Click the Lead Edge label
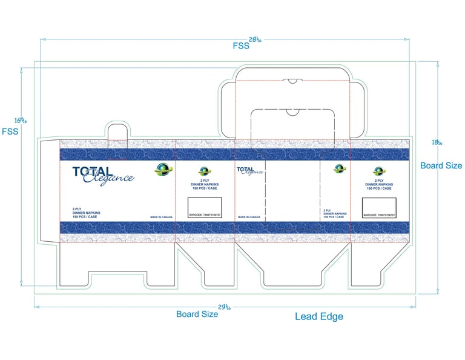(x=318, y=316)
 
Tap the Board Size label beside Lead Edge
(x=197, y=314)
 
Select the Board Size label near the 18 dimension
(x=441, y=165)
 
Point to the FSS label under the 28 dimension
(x=240, y=47)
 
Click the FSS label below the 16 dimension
(x=10, y=131)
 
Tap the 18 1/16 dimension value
(x=437, y=142)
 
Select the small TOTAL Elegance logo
(x=249, y=170)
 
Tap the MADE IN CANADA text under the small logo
(x=249, y=217)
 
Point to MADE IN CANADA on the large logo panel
(x=160, y=217)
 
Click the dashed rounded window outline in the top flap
(x=292, y=123)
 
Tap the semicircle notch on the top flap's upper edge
(x=292, y=80)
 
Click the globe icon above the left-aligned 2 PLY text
(x=338, y=169)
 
